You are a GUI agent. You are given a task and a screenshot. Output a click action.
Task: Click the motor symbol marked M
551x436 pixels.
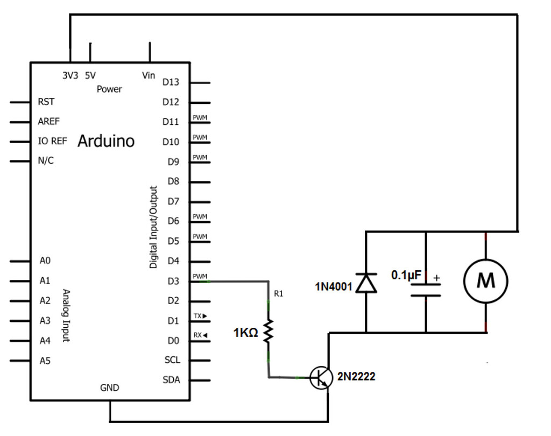485,280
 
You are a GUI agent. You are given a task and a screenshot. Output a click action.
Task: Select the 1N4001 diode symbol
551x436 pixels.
366,283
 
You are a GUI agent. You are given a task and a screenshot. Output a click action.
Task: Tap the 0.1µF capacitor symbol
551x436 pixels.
426,290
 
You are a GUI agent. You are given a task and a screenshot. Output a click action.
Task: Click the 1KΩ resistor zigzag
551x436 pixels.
269,331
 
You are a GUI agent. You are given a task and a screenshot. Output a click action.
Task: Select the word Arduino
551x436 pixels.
106,141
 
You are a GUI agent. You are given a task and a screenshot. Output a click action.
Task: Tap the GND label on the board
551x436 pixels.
110,388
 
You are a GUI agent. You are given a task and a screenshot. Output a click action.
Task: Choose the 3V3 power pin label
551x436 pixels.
70,76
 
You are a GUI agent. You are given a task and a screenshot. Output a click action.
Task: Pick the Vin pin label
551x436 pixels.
149,76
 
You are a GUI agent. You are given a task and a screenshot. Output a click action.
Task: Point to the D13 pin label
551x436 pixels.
171,82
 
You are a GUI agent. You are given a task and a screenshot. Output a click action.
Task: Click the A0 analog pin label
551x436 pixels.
45,261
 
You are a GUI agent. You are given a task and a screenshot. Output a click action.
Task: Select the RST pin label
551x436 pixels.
46,102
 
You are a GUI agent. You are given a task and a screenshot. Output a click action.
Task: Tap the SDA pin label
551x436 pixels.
171,380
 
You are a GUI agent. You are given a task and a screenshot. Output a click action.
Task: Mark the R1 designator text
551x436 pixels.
278,294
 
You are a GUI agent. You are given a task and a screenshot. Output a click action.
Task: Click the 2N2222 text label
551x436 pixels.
356,377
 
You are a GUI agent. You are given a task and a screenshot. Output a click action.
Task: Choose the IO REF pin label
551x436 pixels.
53,141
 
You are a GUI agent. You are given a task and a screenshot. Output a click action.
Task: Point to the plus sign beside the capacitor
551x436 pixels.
436,278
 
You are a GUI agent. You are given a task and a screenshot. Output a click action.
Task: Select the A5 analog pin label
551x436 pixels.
45,361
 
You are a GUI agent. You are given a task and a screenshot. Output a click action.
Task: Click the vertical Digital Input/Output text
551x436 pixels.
154,227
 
